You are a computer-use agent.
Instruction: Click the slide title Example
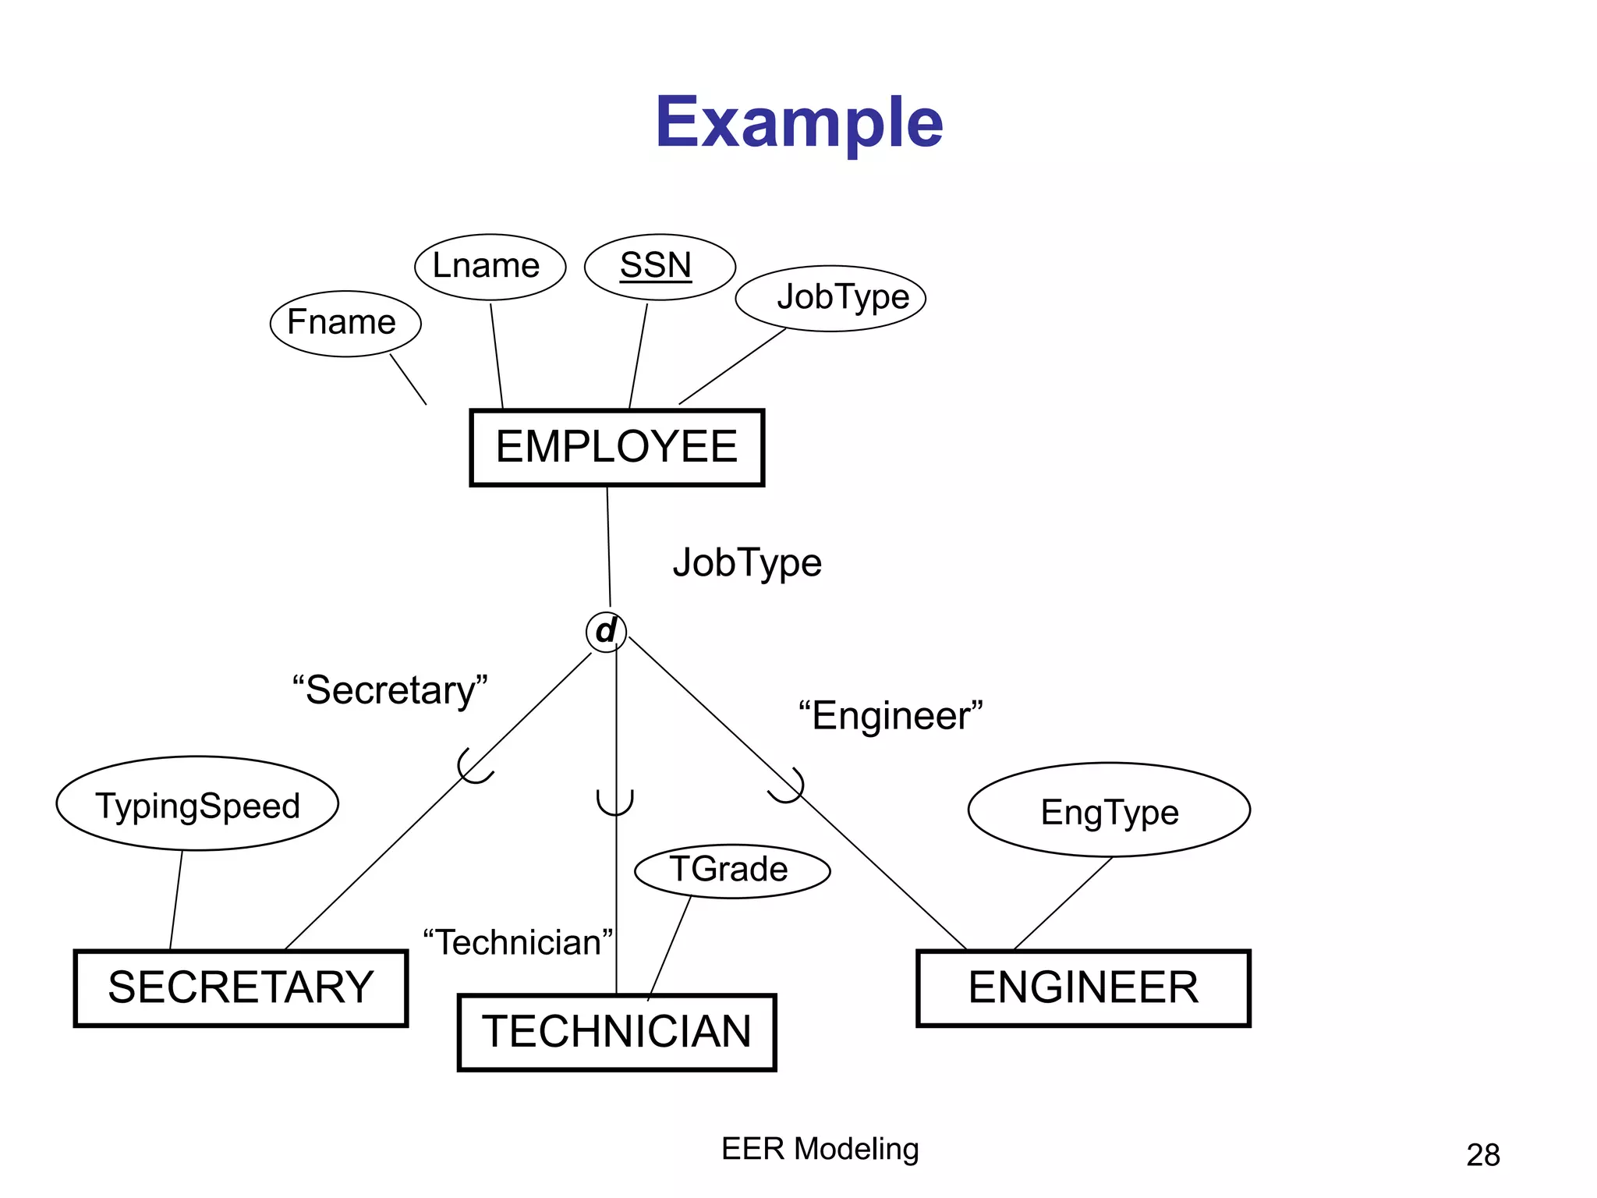[x=798, y=122]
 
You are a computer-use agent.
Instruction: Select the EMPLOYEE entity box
[x=616, y=447]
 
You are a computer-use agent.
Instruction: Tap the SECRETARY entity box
[x=241, y=987]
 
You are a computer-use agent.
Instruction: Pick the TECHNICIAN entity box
[x=616, y=1032]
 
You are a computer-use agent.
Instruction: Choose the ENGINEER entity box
[x=1083, y=987]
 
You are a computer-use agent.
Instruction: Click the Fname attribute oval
[x=345, y=323]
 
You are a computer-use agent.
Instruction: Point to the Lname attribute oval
[x=489, y=267]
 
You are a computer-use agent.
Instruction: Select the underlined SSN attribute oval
[x=659, y=267]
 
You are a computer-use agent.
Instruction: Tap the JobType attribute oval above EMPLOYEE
[x=830, y=298]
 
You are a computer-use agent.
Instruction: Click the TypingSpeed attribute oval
[x=197, y=803]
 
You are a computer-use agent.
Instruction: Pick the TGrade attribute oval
[x=731, y=870]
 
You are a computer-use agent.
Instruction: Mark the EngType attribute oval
[x=1109, y=810]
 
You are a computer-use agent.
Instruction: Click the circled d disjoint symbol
[x=606, y=631]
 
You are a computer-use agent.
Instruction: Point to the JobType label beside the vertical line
[x=746, y=563]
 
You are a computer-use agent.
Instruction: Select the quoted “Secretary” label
[x=390, y=690]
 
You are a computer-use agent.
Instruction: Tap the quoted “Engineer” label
[x=891, y=716]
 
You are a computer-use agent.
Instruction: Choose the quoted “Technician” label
[x=518, y=943]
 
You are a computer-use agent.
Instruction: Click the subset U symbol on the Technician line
[x=615, y=803]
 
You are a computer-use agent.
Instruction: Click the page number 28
[x=1482, y=1155]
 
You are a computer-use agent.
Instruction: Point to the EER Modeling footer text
[x=820, y=1149]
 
